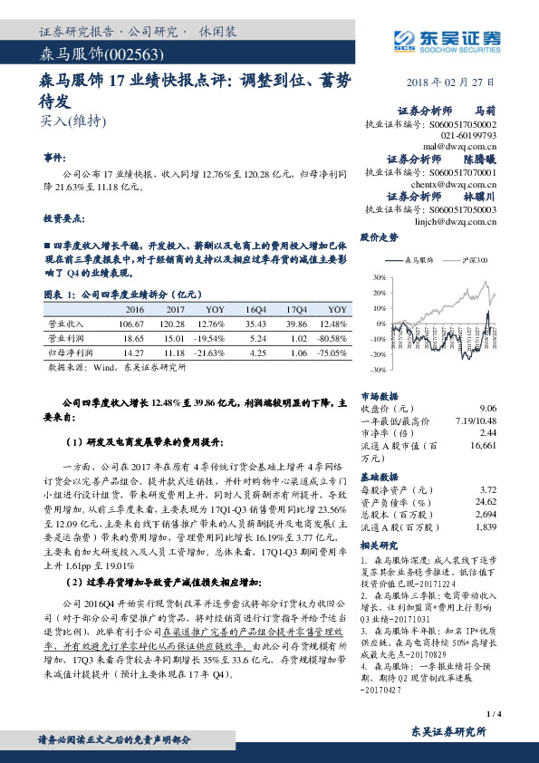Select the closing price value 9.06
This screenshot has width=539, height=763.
point(487,409)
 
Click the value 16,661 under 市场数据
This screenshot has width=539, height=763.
point(483,446)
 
